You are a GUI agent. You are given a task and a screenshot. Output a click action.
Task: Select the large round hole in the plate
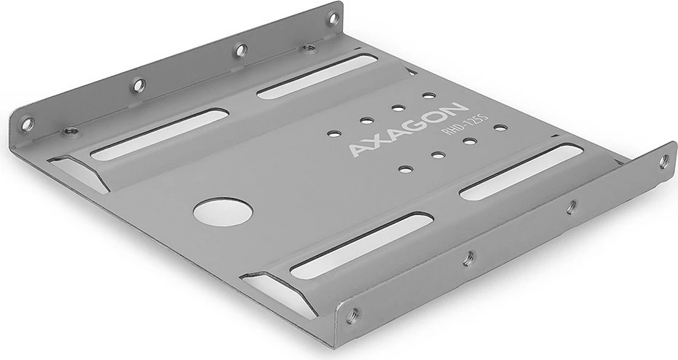point(223,211)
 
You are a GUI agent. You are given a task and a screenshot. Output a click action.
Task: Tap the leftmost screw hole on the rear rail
point(27,124)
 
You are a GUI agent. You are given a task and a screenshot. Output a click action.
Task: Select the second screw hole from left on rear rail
point(138,85)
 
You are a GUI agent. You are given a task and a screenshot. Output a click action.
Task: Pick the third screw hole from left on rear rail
point(240,50)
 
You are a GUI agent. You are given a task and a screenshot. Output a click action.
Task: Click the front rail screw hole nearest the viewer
point(352,315)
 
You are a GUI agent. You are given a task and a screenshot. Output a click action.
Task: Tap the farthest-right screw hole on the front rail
point(663,161)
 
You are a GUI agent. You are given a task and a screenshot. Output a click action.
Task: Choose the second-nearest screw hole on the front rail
point(468,257)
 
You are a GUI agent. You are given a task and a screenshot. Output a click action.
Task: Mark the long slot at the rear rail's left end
point(159,135)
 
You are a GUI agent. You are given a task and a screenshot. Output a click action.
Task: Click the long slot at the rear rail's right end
point(317,76)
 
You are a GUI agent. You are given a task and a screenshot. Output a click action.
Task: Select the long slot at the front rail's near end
point(362,245)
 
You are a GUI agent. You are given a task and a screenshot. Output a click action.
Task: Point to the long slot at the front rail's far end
point(521,171)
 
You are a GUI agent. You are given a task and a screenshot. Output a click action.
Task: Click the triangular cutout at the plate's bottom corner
point(283,294)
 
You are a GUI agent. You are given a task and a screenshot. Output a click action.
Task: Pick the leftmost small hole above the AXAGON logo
point(334,133)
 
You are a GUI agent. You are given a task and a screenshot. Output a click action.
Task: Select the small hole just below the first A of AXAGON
point(406,169)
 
